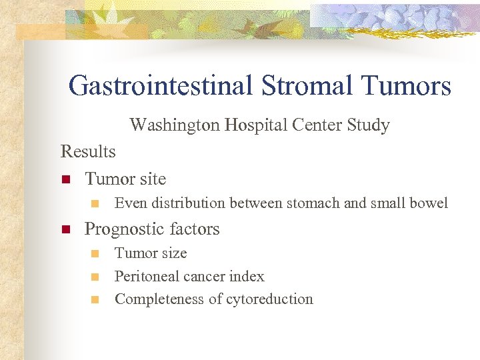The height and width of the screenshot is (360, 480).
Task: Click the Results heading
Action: (88, 151)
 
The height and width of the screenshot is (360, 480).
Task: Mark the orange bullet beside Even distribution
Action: (95, 203)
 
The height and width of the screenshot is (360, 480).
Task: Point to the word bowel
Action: (429, 203)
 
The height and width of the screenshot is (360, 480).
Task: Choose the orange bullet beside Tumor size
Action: (95, 254)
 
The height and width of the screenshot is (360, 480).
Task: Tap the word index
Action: (248, 276)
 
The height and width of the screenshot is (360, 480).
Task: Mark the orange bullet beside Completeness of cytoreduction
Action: (95, 300)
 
